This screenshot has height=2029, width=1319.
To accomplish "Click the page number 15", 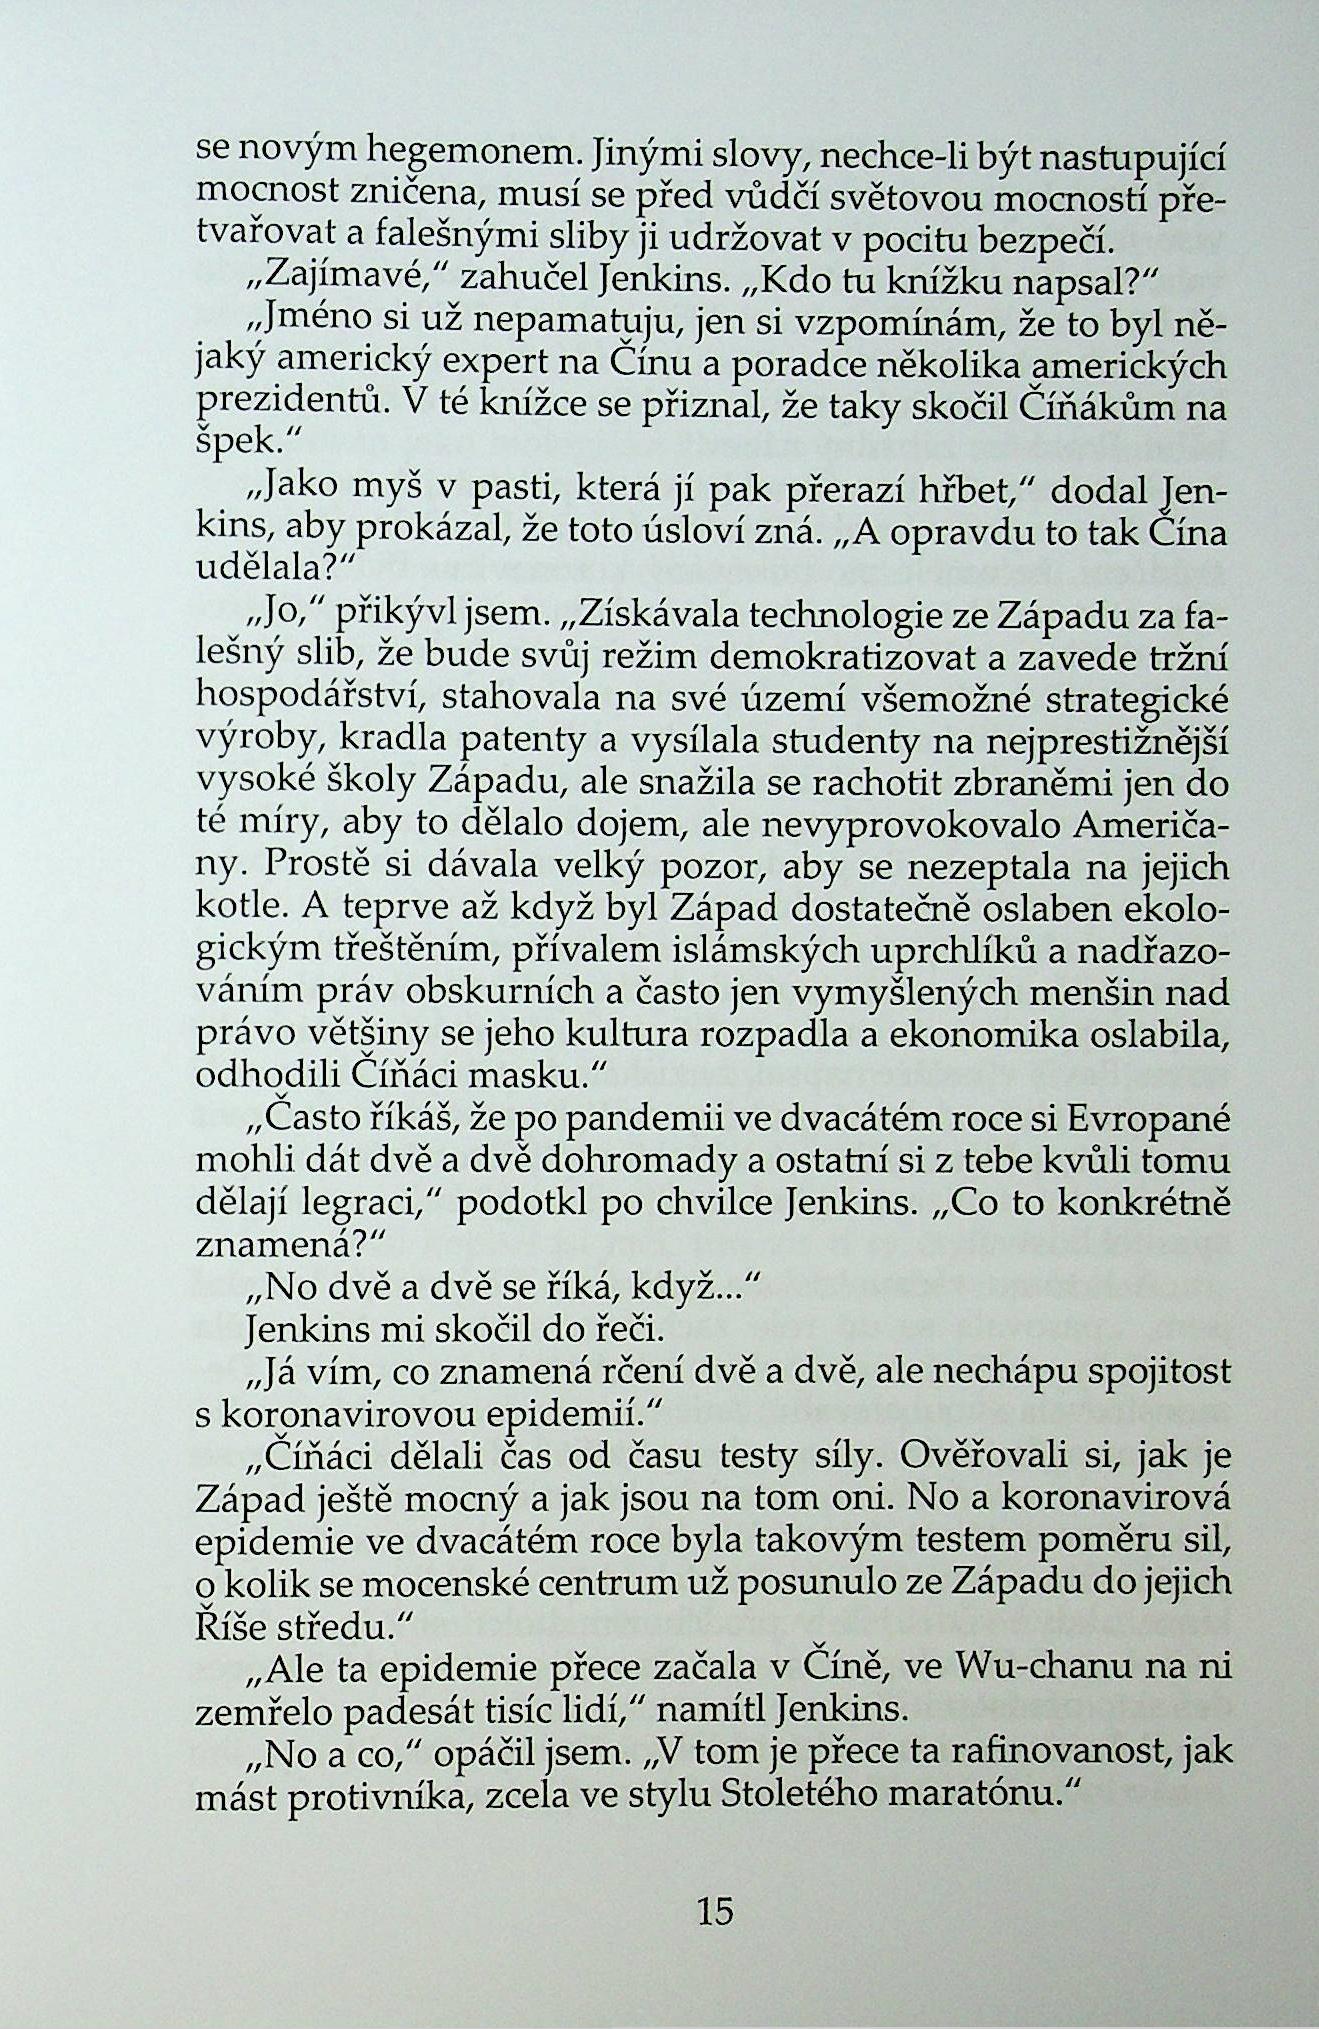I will pyautogui.click(x=715, y=1911).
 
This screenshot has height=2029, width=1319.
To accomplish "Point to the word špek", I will pyautogui.click(x=234, y=441).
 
